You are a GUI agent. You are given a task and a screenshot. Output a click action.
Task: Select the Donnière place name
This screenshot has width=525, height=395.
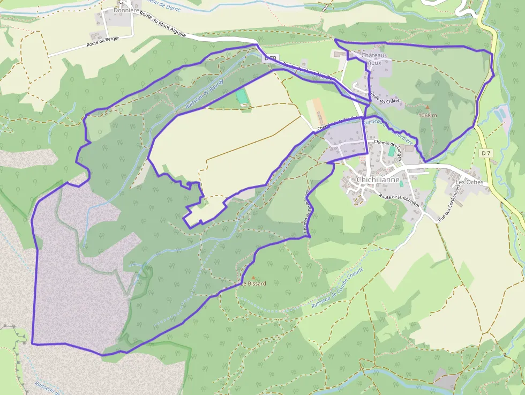click(x=126, y=10)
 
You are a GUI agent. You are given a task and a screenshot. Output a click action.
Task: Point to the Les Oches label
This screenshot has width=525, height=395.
click(x=470, y=182)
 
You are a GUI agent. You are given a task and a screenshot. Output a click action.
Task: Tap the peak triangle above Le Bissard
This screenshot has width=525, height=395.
click(x=253, y=277)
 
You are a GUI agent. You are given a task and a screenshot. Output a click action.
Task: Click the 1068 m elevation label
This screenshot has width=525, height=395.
click(x=427, y=115)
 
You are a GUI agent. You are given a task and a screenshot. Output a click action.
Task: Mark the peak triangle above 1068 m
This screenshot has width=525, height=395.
click(x=427, y=107)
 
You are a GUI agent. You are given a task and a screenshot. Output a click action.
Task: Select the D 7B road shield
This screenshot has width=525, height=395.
click(x=271, y=58)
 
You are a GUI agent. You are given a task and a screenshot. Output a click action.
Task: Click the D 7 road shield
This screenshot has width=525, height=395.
click(x=486, y=153)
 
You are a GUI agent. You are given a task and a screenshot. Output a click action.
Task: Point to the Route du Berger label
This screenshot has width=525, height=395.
click(x=102, y=42)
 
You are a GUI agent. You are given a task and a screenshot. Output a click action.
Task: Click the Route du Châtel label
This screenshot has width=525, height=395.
click(x=385, y=100)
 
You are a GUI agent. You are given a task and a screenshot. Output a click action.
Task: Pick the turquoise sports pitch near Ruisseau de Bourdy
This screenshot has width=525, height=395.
click(x=242, y=96)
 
